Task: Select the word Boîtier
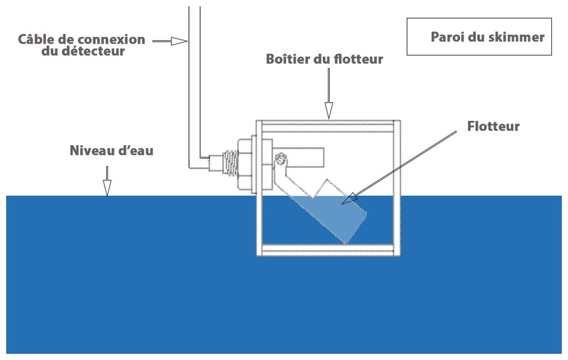291,60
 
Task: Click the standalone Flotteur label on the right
493,127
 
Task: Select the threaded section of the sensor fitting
230,165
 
